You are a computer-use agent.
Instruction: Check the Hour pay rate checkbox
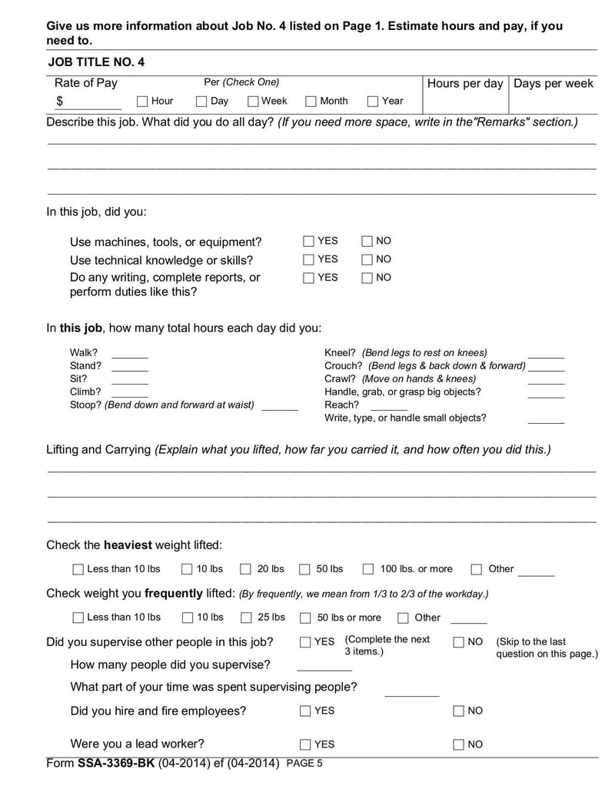tap(142, 102)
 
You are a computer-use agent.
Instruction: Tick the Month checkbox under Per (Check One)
tap(311, 102)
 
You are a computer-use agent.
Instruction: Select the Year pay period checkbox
tap(373, 102)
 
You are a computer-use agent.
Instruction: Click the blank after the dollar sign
tap(96, 102)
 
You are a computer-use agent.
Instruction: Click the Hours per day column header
tap(464, 83)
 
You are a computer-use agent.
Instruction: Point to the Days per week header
tap(553, 83)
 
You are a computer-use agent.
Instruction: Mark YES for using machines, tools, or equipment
tap(309, 241)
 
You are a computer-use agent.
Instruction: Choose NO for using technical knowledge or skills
tap(367, 260)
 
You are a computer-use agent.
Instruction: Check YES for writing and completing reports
tap(309, 278)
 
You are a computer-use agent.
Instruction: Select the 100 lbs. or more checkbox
tap(368, 570)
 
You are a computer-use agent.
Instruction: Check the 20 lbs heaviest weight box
tap(245, 570)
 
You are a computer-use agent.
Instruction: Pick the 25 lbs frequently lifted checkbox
tap(247, 618)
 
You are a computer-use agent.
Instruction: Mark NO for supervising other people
tap(459, 642)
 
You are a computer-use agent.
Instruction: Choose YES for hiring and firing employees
tap(305, 711)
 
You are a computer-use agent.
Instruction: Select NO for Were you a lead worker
tap(459, 744)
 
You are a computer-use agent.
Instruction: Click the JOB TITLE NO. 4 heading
tap(96, 62)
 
